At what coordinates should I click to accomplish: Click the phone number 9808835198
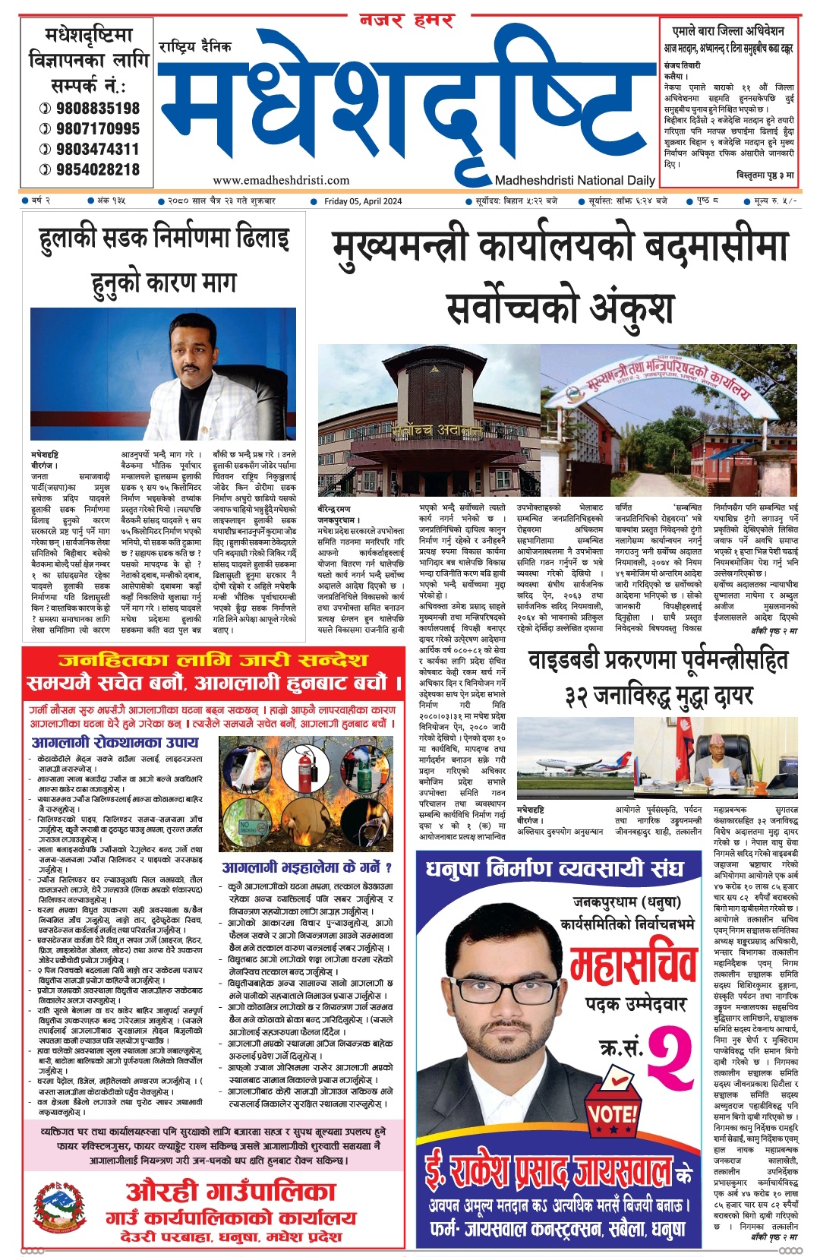(97, 108)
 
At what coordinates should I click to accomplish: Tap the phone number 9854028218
(97, 169)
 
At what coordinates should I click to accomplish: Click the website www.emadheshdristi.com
(281, 181)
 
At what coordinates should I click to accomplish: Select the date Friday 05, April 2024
(363, 201)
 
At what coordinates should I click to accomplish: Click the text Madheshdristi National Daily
(575, 181)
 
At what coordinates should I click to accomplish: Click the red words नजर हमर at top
(406, 21)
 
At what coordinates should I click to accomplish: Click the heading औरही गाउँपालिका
(230, 1191)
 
